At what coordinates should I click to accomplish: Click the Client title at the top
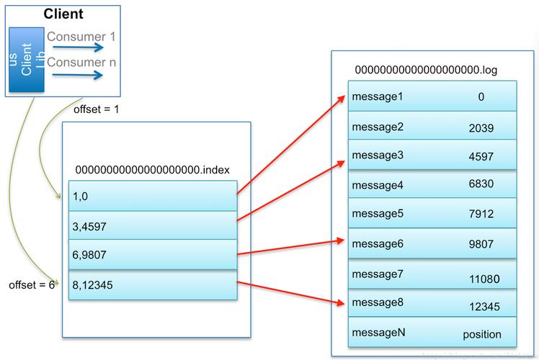click(63, 14)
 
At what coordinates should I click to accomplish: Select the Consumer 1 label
click(81, 36)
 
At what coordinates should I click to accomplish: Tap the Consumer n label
click(81, 62)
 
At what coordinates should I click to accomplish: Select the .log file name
click(426, 70)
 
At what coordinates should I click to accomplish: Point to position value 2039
click(481, 127)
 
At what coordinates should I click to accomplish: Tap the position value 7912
click(481, 214)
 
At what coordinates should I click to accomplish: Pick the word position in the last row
click(481, 334)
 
